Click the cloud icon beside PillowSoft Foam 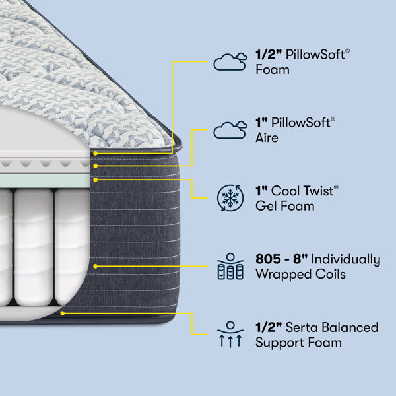click(x=230, y=61)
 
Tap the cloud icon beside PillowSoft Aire click(x=230, y=130)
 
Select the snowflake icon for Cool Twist click(x=230, y=198)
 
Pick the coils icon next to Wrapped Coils click(x=230, y=266)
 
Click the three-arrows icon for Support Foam click(x=230, y=335)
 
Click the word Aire click(x=267, y=138)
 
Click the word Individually click(x=346, y=259)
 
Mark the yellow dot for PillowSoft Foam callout click(x=95, y=153)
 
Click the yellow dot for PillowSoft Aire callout click(x=95, y=166)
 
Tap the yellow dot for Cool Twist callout click(x=95, y=180)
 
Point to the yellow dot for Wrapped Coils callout click(x=95, y=266)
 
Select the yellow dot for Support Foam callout click(x=63, y=313)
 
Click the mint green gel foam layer click(x=45, y=181)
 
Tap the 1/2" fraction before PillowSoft click(x=269, y=55)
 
